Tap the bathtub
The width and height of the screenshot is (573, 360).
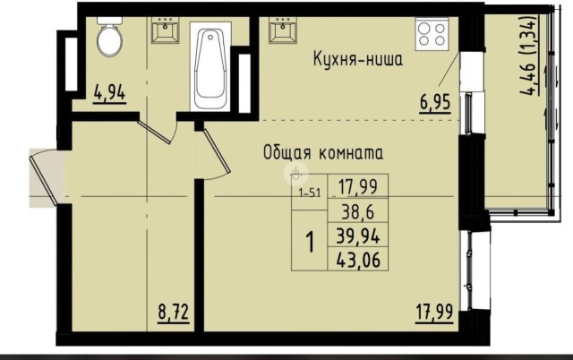pos(212,64)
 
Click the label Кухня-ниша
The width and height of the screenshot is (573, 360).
pos(357,61)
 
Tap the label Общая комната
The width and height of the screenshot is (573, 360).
pos(323,152)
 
